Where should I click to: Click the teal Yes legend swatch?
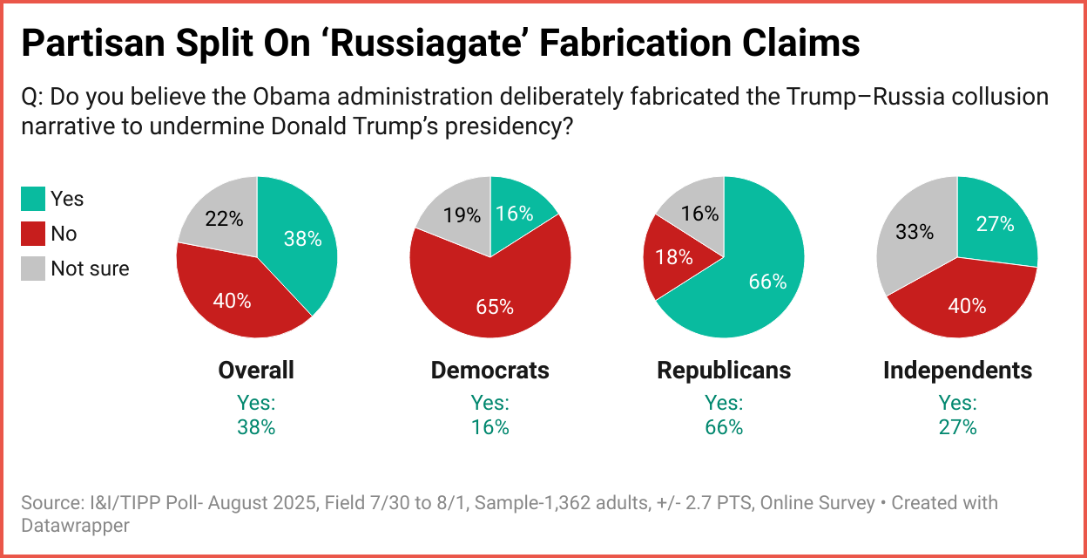click(x=32, y=199)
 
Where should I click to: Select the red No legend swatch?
click(x=32, y=234)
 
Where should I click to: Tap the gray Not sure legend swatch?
click(x=32, y=269)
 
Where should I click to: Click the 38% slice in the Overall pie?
click(x=300, y=240)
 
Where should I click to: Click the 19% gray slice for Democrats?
click(x=462, y=214)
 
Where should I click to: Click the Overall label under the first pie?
click(x=256, y=370)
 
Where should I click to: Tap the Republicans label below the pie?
click(x=724, y=370)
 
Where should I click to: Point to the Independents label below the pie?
click(x=957, y=370)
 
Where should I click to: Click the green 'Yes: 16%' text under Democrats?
click(x=490, y=415)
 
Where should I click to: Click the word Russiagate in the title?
click(x=442, y=44)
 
